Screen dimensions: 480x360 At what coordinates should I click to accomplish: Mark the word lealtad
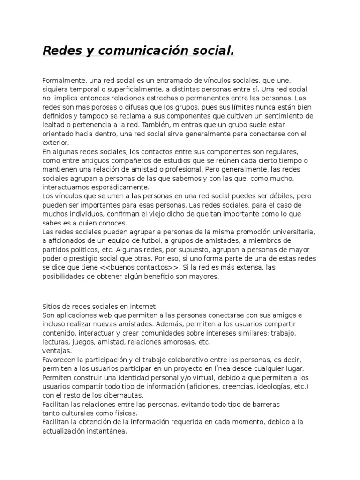point(53,125)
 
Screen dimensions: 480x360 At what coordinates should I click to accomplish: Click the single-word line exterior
point(55,142)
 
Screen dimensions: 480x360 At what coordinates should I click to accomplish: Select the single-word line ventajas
point(57,351)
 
